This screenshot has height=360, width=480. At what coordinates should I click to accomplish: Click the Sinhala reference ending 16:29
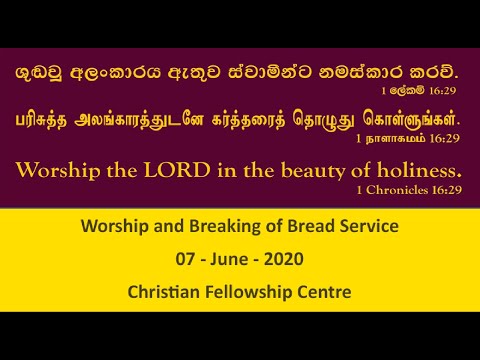point(431,90)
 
